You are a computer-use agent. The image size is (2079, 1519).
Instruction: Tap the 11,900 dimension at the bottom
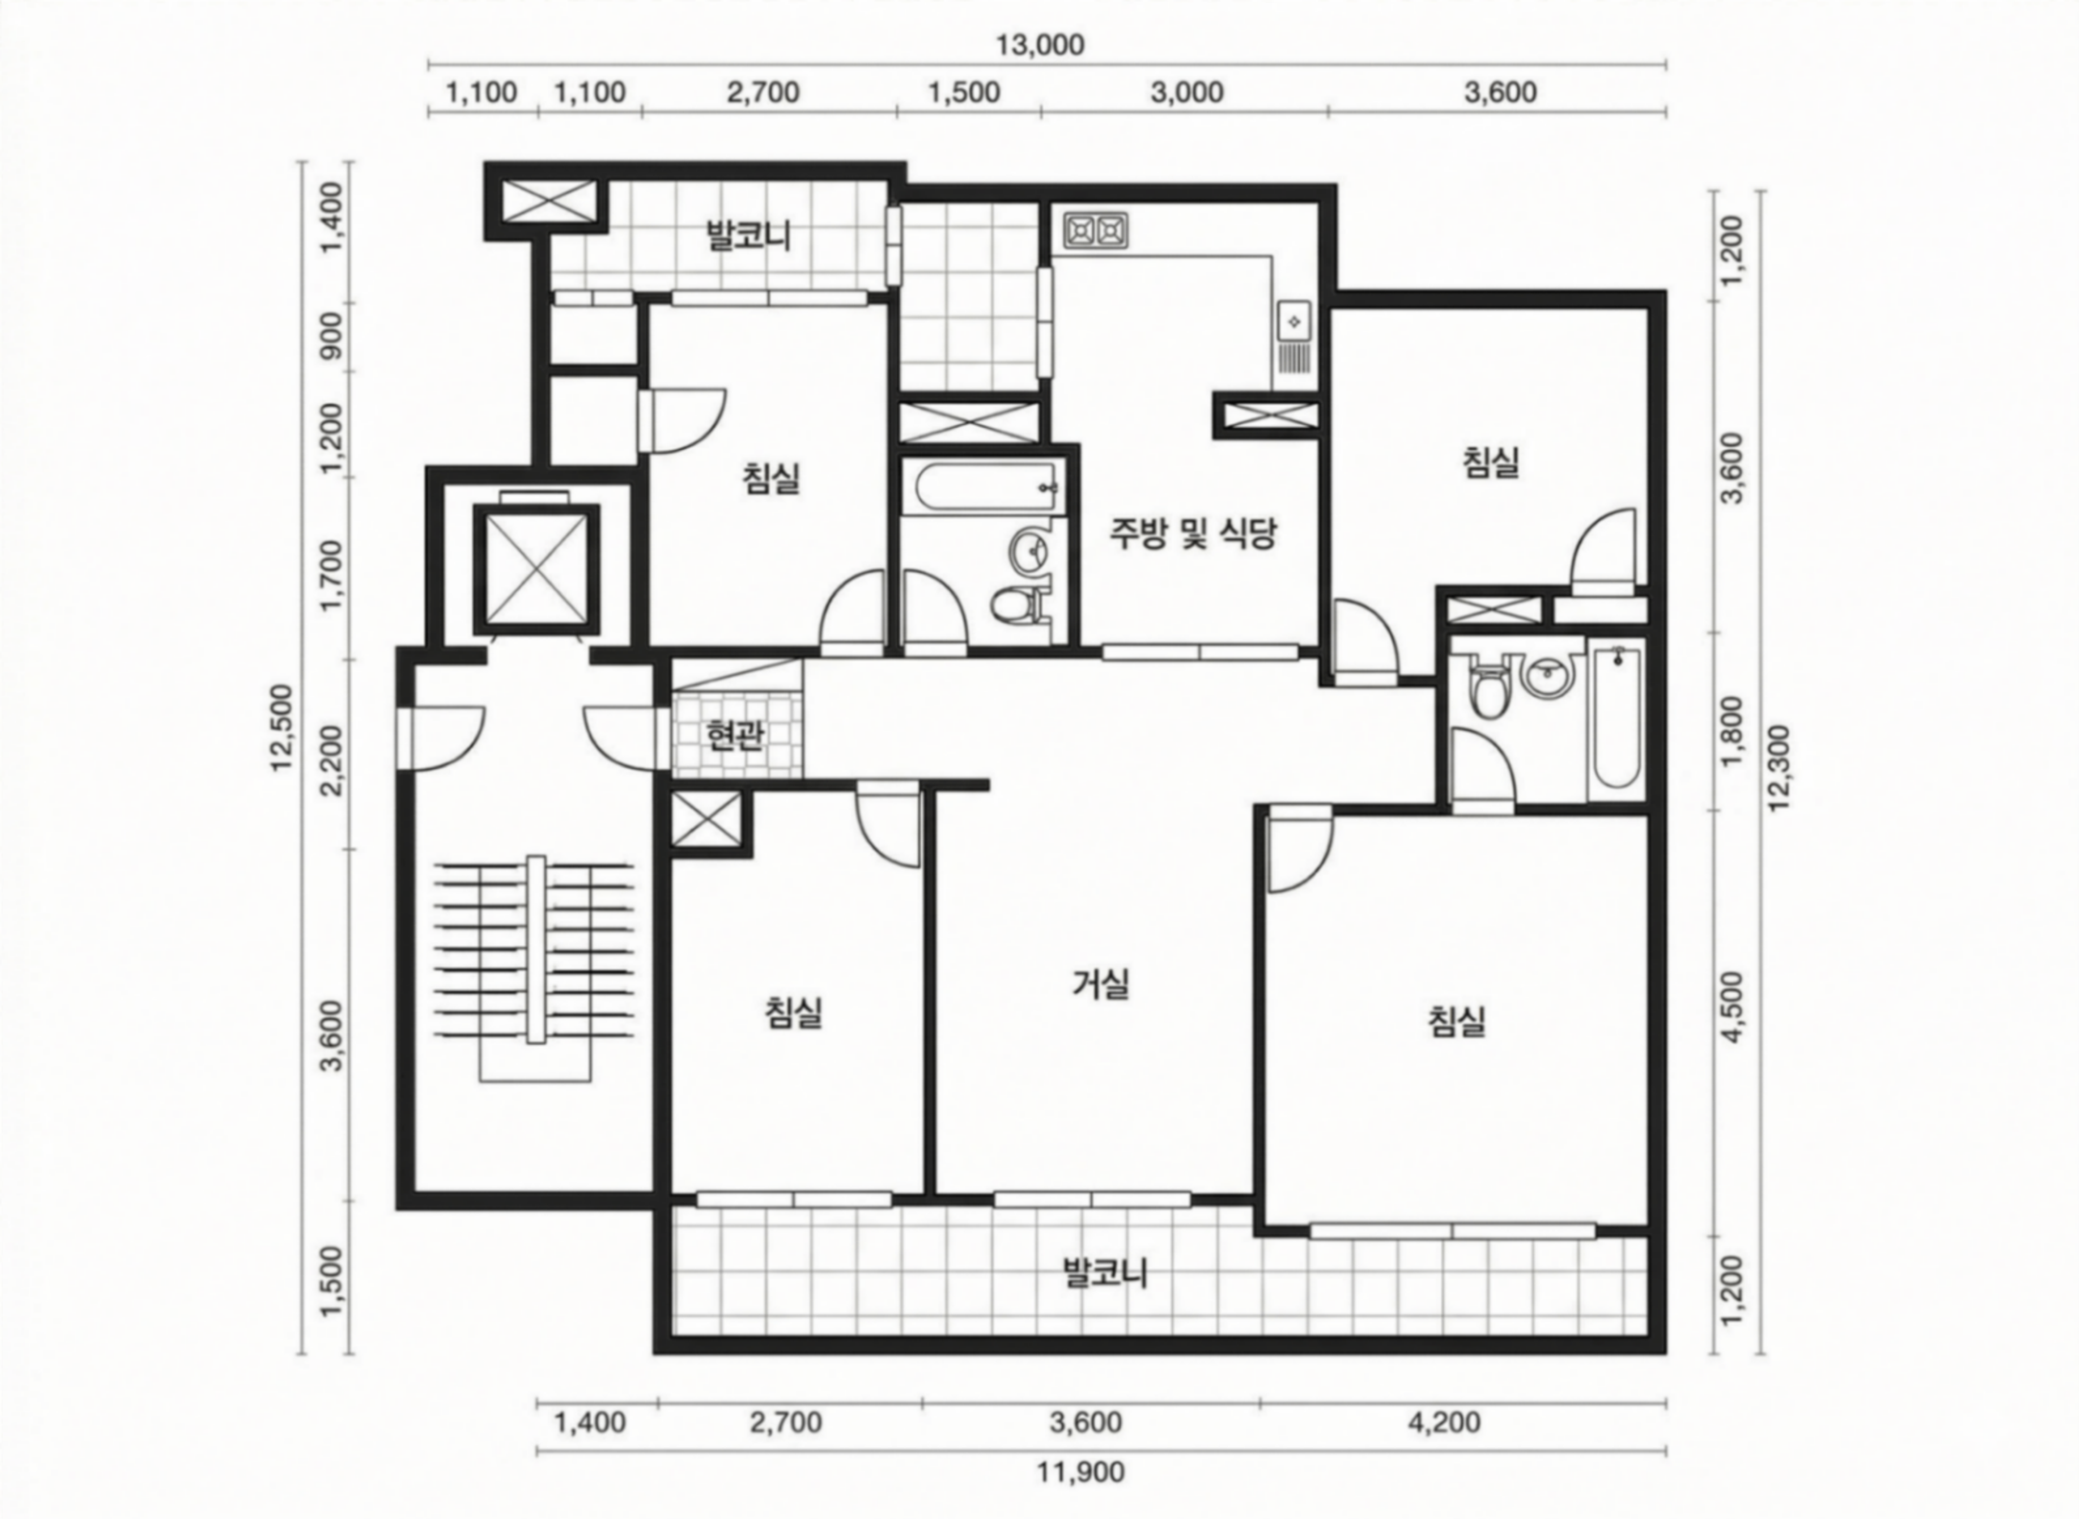pos(1081,1472)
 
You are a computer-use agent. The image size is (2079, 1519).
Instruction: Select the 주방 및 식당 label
pos(1193,533)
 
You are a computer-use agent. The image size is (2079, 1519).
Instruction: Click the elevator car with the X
pos(535,568)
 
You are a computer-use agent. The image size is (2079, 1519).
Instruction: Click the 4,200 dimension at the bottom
pos(1444,1423)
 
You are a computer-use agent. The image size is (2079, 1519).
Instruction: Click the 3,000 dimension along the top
pos(1187,93)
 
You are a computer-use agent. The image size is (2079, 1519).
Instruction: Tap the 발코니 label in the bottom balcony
pos(1104,1273)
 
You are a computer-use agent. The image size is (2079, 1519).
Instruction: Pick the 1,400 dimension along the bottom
pos(590,1423)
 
